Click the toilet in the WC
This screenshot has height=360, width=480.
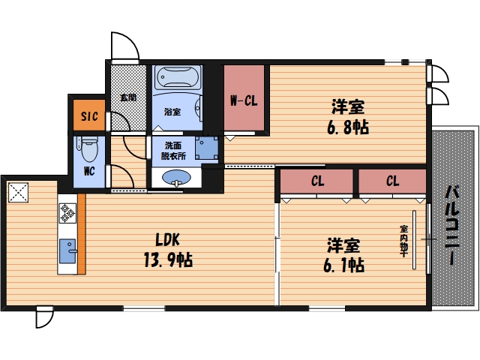88,149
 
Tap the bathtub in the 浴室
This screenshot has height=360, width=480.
178,77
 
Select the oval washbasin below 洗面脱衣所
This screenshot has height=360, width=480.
177,178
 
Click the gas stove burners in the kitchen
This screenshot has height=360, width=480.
67,213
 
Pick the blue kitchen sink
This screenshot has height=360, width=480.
68,251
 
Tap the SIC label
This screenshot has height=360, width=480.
89,116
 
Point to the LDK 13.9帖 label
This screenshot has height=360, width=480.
168,250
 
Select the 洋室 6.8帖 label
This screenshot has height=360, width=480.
348,117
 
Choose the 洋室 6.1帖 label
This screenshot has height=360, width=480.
343,255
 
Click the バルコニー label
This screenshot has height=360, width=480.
452,225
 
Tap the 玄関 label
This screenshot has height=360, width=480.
128,97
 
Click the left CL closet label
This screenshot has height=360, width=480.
317,181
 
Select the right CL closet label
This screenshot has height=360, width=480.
392,181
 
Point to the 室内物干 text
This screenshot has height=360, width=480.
403,241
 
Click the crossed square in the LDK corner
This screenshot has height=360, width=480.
18,193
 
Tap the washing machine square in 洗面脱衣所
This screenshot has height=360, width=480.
207,148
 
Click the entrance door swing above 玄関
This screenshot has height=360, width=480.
125,46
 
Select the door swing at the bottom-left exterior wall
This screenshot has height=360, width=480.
45,317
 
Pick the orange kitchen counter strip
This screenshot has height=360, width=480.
82,234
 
